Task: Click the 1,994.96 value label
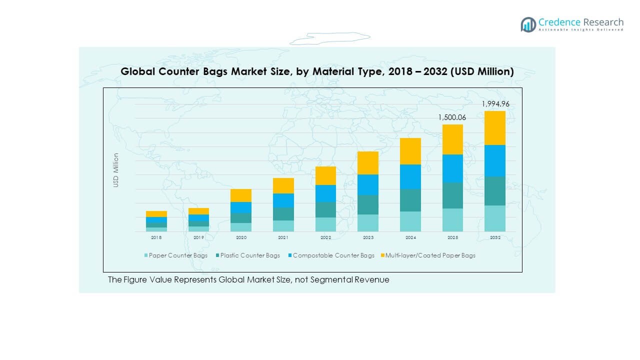point(495,104)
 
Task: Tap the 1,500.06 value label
point(452,117)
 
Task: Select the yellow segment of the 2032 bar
point(495,128)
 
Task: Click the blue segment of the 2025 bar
point(452,168)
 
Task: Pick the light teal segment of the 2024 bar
point(410,221)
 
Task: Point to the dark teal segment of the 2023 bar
point(368,205)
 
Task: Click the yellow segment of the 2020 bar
point(241,195)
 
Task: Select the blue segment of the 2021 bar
point(283,200)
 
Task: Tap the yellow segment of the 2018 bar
point(156,214)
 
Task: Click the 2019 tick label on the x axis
point(198,238)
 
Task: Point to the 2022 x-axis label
point(325,238)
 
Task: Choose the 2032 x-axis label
point(495,238)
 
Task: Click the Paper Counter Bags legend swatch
point(146,255)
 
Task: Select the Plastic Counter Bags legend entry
point(250,255)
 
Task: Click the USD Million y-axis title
point(116,170)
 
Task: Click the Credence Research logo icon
point(528,24)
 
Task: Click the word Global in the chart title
point(138,72)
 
